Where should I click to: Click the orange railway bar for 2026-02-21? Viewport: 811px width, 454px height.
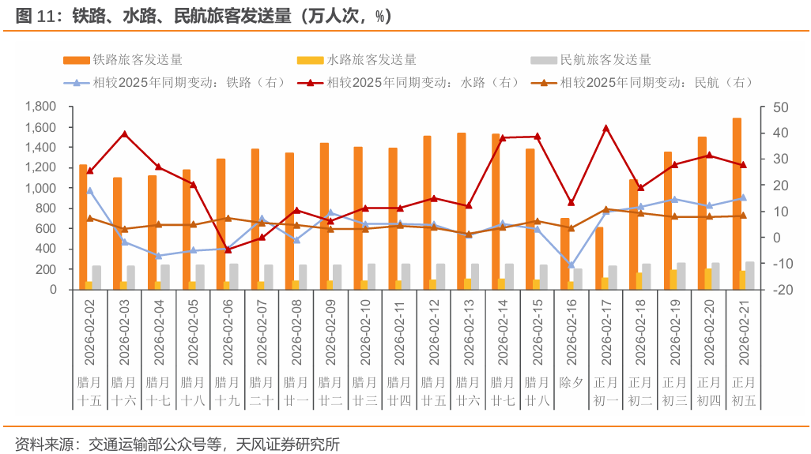737,204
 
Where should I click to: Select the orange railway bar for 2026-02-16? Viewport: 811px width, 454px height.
565,253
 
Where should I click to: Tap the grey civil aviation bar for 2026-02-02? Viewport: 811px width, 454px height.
96,277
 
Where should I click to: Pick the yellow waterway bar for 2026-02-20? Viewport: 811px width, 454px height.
707,279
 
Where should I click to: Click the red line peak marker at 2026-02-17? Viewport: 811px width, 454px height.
606,128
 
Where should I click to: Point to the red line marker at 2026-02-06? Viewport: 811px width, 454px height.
228,250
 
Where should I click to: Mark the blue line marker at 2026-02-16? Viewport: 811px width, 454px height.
571,265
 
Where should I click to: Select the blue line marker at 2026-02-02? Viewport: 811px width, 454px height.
89,190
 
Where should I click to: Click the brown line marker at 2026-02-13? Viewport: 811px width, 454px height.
469,234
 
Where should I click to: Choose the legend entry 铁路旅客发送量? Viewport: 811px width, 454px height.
123,60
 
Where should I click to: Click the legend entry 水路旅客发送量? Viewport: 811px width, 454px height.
356,60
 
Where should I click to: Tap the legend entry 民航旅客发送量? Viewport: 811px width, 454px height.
590,60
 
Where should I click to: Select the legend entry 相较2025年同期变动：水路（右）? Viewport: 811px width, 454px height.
409,83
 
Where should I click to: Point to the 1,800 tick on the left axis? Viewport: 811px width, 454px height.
40,107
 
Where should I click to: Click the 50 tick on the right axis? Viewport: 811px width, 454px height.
780,107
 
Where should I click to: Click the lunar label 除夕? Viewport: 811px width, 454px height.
571,383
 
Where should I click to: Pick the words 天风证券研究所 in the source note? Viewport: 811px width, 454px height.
288,445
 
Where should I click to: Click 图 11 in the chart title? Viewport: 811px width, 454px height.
35,16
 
